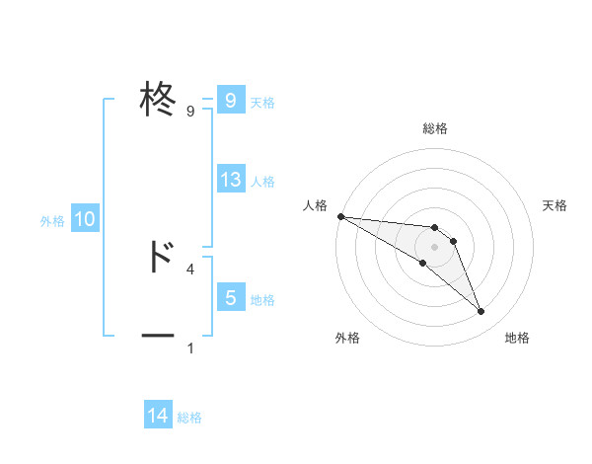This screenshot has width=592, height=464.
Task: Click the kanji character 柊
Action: pyautogui.click(x=158, y=101)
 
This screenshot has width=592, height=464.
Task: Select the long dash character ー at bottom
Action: pyautogui.click(x=158, y=337)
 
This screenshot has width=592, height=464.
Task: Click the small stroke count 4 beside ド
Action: pyautogui.click(x=190, y=269)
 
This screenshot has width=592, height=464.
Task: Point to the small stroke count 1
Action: pyautogui.click(x=190, y=348)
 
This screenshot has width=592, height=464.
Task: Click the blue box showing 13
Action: pyautogui.click(x=231, y=180)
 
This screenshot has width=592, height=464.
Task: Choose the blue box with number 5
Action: pyautogui.click(x=231, y=298)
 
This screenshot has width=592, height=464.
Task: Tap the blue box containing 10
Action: pyautogui.click(x=85, y=220)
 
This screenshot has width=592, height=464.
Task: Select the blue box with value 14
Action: pyautogui.click(x=158, y=416)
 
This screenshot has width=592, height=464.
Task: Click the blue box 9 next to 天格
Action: pyautogui.click(x=231, y=101)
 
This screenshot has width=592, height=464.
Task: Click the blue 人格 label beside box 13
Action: pyautogui.click(x=262, y=182)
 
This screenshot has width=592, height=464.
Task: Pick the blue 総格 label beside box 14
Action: pyautogui.click(x=189, y=418)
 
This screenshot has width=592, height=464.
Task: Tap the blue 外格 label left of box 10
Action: pyautogui.click(x=52, y=221)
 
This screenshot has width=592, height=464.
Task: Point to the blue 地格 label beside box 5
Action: pyautogui.click(x=262, y=300)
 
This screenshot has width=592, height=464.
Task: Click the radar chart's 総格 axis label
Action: pyautogui.click(x=435, y=129)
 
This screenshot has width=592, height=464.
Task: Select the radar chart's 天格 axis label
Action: pyautogui.click(x=555, y=205)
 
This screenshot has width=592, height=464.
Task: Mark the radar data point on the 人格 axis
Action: pyautogui.click(x=340, y=216)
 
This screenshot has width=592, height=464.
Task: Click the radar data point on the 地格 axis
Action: pyautogui.click(x=481, y=312)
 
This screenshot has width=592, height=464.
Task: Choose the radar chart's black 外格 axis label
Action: pyautogui.click(x=347, y=339)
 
